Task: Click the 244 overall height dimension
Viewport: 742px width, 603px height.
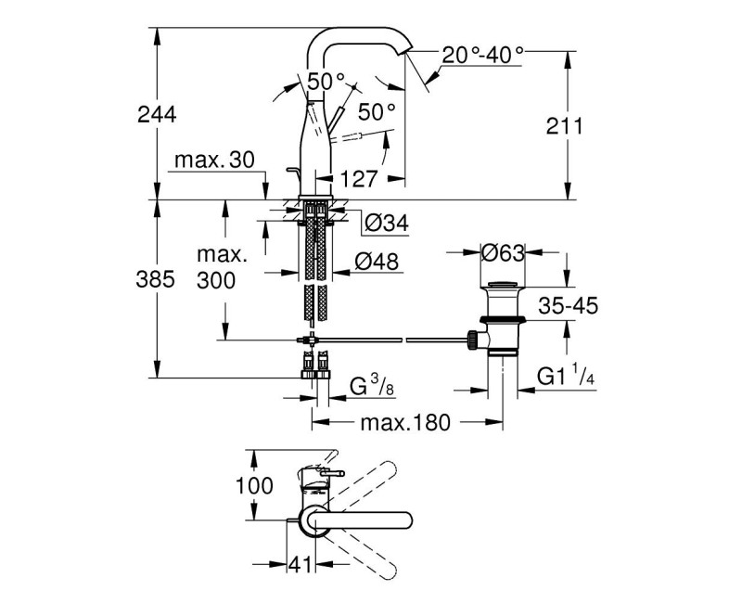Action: pos(156,114)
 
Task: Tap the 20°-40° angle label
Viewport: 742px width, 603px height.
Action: pos(482,55)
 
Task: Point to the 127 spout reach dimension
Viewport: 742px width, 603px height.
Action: pos(358,177)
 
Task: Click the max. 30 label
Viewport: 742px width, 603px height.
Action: pos(212,160)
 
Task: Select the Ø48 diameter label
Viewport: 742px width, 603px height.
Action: pos(375,263)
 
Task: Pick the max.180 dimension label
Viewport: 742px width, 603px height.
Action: pos(405,423)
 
